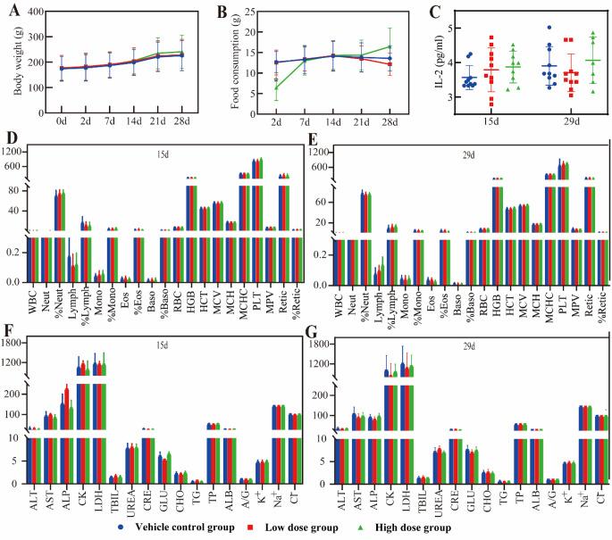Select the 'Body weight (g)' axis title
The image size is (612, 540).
10,67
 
